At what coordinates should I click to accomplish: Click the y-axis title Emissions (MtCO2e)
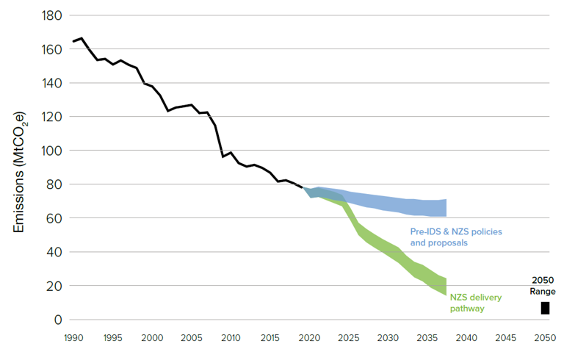tap(19, 173)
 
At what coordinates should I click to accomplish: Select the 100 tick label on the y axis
tap(49, 151)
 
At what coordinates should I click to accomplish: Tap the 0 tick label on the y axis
tap(56, 320)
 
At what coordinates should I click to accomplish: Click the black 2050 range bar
tap(545, 308)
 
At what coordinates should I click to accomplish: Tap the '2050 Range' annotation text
tap(544, 286)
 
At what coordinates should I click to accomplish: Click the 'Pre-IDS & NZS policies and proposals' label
tap(460, 237)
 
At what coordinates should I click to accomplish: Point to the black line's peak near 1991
tap(81, 38)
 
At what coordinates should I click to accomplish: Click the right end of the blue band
tap(446, 208)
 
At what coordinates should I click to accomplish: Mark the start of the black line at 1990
tap(73, 42)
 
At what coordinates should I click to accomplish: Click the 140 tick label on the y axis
tap(49, 83)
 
